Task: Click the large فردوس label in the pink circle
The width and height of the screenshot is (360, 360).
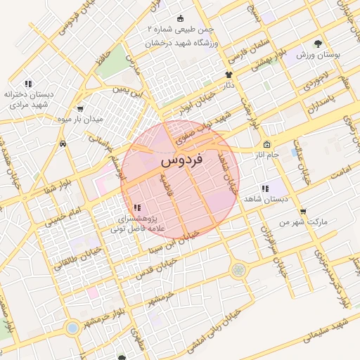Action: [181, 160]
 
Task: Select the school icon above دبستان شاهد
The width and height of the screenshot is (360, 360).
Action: [265, 188]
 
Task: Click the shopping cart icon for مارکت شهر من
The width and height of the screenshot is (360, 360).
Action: [303, 211]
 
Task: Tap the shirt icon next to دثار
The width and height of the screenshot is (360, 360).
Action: [228, 75]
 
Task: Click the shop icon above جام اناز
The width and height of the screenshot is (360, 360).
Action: [266, 144]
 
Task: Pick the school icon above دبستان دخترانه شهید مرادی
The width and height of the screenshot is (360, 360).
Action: [28, 84]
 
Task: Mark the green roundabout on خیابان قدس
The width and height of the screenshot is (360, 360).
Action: [238, 269]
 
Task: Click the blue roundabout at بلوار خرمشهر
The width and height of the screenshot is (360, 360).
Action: [72, 328]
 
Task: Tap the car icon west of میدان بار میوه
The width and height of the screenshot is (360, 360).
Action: [63, 143]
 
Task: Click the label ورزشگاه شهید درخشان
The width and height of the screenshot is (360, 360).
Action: [185, 43]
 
